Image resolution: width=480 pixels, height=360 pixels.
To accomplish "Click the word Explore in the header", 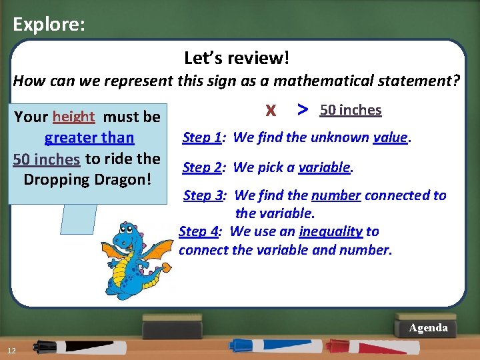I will click(48, 25).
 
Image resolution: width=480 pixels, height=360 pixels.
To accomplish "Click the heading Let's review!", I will click(237, 58).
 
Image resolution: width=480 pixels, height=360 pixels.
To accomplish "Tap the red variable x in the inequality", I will click(271, 109).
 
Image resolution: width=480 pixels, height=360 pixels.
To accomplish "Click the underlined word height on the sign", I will click(74, 117).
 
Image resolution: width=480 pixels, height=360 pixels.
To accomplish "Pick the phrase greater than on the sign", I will click(89, 138).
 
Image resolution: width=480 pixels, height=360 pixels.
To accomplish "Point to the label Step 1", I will click(202, 137).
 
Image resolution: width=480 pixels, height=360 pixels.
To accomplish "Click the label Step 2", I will click(202, 167).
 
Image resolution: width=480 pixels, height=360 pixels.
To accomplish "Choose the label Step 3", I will click(205, 195).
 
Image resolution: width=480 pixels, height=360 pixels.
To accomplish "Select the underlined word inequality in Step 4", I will click(331, 231).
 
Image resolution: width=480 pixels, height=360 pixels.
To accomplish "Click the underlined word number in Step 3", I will click(336, 195).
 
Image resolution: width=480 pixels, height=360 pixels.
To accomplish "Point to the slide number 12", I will click(12, 351).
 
